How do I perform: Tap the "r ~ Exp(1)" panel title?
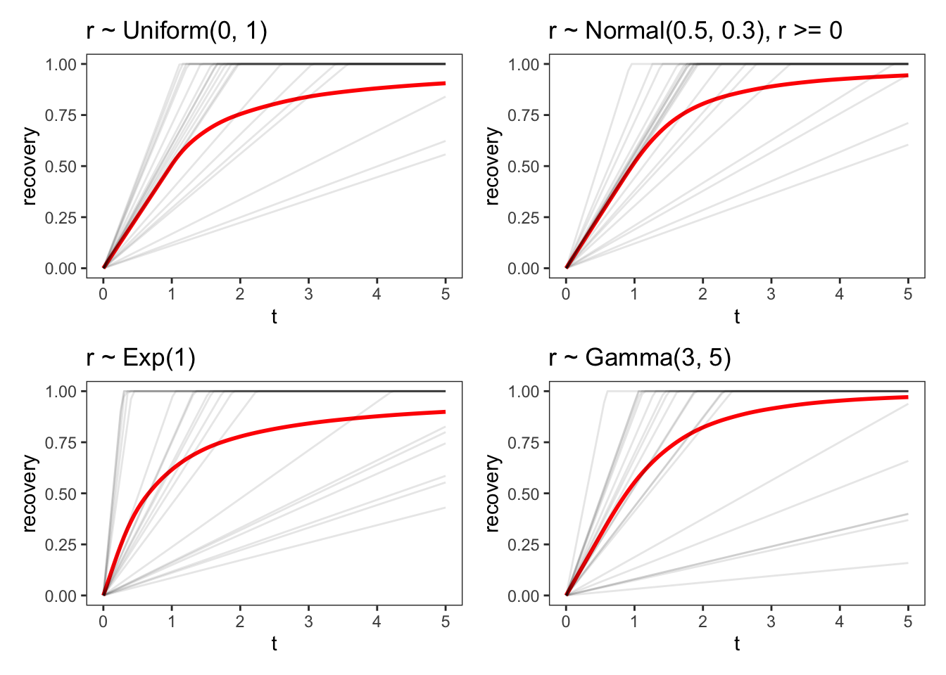141,358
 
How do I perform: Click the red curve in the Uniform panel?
308,97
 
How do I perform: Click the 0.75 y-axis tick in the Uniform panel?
61,115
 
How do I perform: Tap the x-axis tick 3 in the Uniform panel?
308,294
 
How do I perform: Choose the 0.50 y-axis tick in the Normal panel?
523,167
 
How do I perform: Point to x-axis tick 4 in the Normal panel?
839,294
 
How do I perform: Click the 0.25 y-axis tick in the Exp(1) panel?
61,545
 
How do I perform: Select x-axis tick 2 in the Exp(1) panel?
240,622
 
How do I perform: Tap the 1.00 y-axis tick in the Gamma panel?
523,392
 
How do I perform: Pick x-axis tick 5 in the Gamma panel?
907,622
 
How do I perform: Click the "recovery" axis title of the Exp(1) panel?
29,493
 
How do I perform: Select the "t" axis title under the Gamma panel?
736,643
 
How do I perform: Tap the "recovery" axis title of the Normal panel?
492,166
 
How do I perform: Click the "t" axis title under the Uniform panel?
274,316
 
